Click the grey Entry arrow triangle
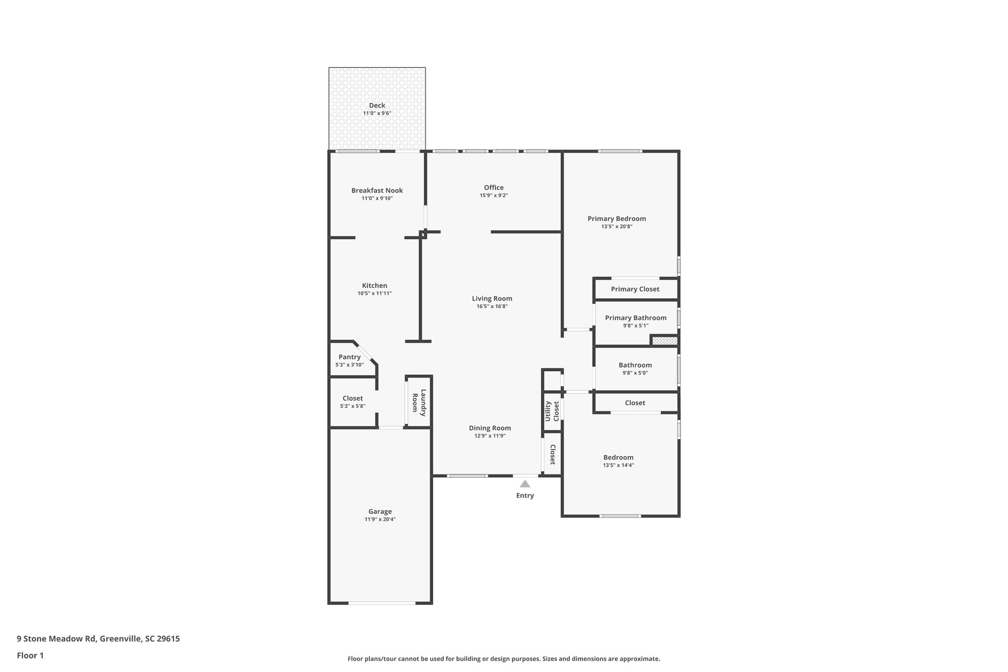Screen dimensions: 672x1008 pos(525,484)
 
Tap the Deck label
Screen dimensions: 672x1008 pos(377,105)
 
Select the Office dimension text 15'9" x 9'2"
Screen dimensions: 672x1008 pos(494,195)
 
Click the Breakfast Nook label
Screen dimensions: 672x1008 pos(377,191)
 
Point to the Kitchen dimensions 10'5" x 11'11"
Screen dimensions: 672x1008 pos(375,293)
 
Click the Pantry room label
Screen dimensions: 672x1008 pos(349,357)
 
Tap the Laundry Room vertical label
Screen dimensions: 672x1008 pos(419,403)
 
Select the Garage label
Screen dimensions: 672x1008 pos(380,512)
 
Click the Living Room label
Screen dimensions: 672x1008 pos(492,298)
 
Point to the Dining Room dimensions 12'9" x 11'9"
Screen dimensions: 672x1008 pos(490,436)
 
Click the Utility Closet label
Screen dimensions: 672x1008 pos(552,411)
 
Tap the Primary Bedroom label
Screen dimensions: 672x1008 pos(617,219)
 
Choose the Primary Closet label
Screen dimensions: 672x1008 pos(635,289)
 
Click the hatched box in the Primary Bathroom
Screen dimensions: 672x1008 pos(664,340)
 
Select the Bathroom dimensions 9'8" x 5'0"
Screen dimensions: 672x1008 pos(635,373)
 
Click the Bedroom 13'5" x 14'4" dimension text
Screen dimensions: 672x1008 pos(618,465)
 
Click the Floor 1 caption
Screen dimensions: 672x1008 pos(30,655)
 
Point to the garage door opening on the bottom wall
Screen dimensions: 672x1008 pos(382,603)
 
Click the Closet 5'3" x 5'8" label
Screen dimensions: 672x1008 pos(352,398)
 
